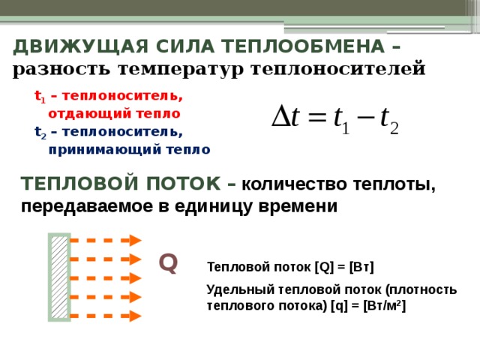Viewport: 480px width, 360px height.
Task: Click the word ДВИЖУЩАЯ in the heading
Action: (81, 46)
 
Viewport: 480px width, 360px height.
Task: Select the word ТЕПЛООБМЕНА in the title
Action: (303, 46)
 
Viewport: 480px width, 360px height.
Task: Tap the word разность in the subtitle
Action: (61, 69)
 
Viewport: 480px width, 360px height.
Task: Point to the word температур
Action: (181, 70)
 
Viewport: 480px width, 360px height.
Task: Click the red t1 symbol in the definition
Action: (40, 97)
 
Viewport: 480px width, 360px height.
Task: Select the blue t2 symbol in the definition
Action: (40, 132)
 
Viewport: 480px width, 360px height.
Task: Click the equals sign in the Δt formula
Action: (317, 118)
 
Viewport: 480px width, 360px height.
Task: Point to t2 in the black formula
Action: (390, 121)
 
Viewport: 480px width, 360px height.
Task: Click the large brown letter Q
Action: (168, 263)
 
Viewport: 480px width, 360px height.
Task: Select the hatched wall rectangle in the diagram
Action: (59, 277)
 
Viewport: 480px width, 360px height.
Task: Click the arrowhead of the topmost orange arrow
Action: (135, 240)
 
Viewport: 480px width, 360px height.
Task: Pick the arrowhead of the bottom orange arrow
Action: (135, 316)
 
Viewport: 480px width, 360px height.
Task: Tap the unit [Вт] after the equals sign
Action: (361, 267)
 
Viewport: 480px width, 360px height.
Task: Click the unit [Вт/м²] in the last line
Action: (385, 306)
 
